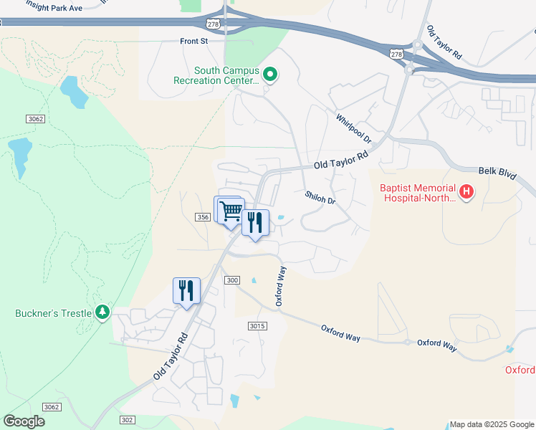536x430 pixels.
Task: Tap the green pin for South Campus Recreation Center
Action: [x=270, y=74]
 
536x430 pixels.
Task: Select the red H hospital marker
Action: [x=466, y=191]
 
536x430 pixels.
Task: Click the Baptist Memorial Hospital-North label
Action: [x=417, y=194]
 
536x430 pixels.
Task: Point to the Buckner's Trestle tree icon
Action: [x=103, y=312]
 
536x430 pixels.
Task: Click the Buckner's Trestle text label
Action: [x=53, y=313]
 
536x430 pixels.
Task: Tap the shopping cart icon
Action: [x=231, y=211]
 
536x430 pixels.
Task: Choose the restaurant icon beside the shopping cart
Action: [x=255, y=223]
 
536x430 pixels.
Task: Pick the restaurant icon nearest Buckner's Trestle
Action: [x=186, y=291]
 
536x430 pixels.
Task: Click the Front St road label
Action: [x=193, y=42]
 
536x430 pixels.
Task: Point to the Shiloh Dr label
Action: [x=320, y=197]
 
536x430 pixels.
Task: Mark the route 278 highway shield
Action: [x=398, y=54]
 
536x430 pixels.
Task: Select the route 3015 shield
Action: [x=258, y=326]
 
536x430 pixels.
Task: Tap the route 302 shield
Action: [x=128, y=420]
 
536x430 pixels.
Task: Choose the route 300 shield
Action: [x=231, y=279]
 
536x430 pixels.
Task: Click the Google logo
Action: [x=24, y=421]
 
